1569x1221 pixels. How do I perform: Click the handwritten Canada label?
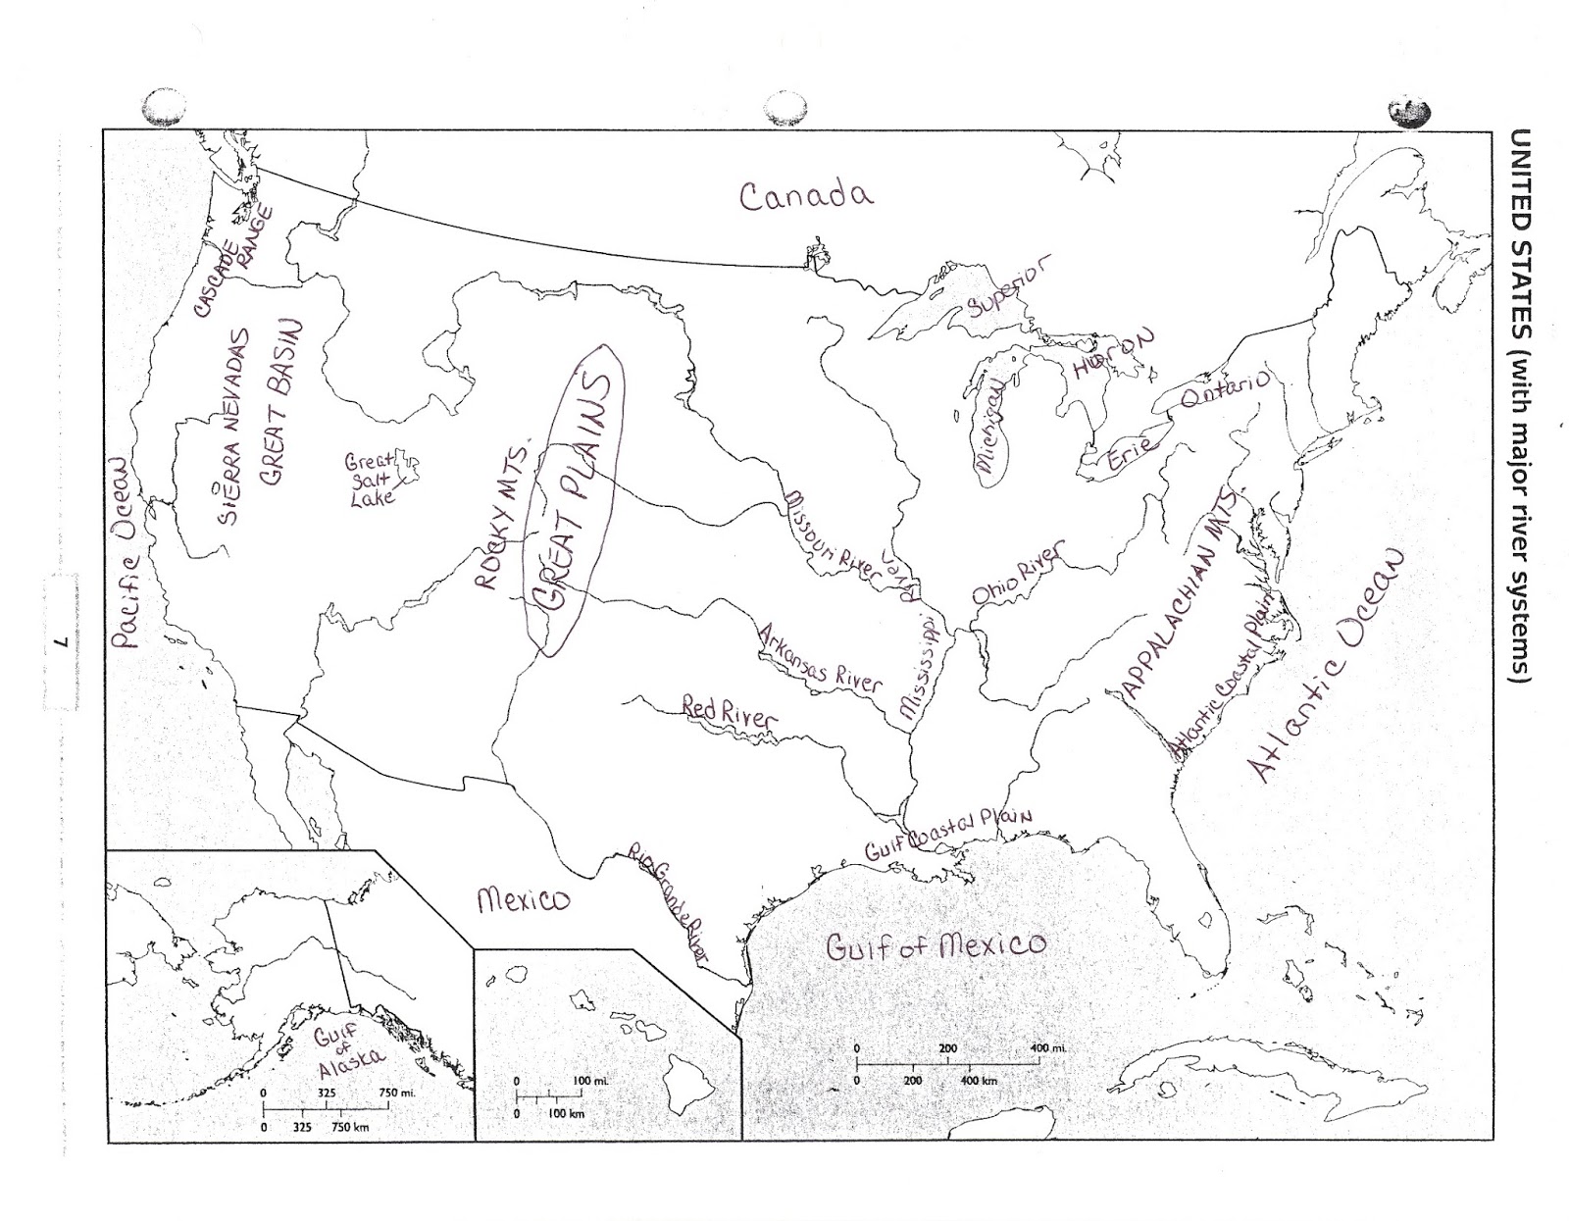tap(805, 195)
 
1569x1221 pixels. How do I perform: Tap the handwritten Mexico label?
tap(523, 898)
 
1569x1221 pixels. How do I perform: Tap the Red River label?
tap(728, 711)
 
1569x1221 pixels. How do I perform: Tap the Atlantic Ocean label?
tap(1329, 664)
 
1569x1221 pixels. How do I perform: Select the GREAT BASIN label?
tap(278, 402)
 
